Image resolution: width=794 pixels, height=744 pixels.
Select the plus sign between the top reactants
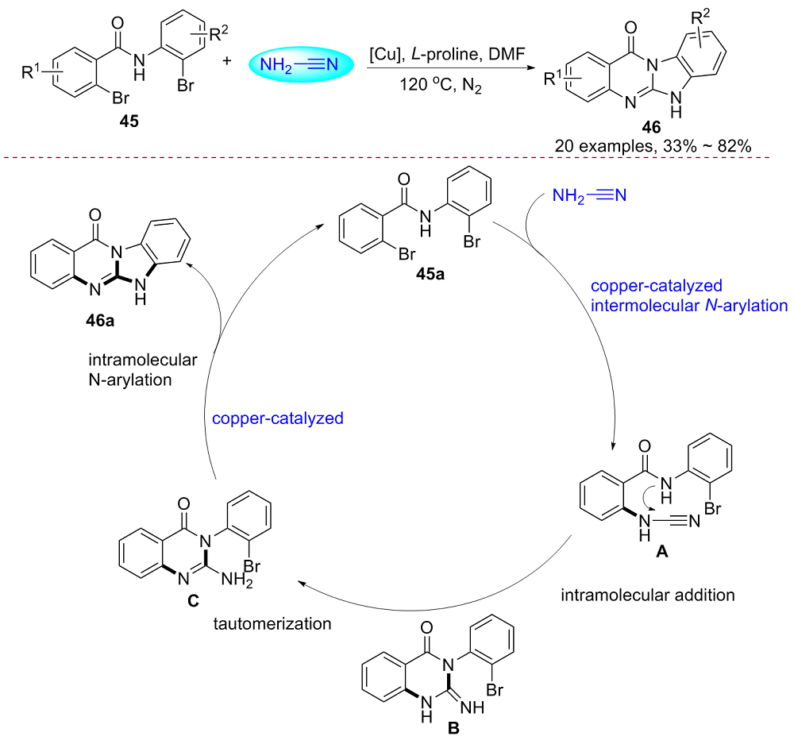236,64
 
